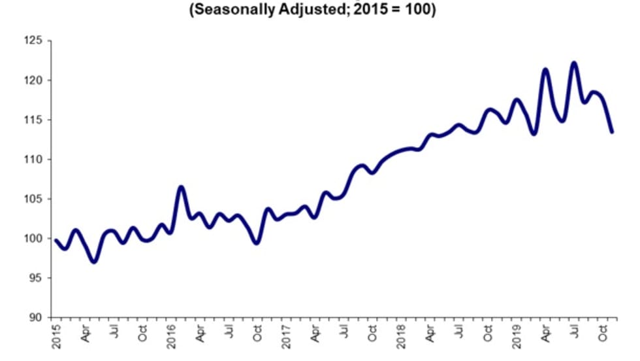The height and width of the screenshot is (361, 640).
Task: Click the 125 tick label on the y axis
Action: click(x=33, y=41)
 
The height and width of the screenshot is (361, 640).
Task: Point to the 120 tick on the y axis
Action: click(x=33, y=80)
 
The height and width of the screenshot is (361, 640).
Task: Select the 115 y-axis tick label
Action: click(x=33, y=120)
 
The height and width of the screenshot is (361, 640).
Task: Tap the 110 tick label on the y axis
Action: click(x=33, y=160)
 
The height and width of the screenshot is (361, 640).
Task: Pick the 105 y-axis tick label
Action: click(x=33, y=199)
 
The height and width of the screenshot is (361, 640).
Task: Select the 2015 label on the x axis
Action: click(x=56, y=335)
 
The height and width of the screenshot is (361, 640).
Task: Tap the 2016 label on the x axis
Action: click(x=171, y=335)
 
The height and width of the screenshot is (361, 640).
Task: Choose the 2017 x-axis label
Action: click(x=286, y=335)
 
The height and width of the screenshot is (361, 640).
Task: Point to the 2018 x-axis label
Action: click(x=401, y=335)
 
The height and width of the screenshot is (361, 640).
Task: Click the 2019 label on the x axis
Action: click(x=516, y=335)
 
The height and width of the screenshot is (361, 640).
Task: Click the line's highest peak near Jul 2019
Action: click(x=574, y=63)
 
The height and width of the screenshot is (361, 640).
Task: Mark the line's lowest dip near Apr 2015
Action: click(x=95, y=262)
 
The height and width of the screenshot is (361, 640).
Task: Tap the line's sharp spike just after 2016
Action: click(x=181, y=187)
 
